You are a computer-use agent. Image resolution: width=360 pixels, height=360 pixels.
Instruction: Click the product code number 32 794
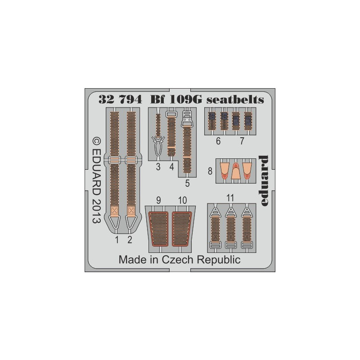(x=120, y=99)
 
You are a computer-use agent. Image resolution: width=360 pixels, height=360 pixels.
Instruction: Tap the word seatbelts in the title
(x=235, y=99)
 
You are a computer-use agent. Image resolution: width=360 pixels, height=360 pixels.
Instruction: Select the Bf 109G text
(x=176, y=99)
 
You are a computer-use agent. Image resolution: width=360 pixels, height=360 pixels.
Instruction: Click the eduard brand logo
(x=263, y=181)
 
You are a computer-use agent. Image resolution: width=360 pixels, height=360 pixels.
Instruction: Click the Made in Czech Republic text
(x=180, y=260)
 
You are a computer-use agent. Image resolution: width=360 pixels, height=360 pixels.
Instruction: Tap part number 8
(x=210, y=171)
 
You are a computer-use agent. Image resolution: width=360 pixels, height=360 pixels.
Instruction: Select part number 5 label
(x=187, y=184)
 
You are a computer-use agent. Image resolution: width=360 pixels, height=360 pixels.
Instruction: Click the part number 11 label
(x=230, y=198)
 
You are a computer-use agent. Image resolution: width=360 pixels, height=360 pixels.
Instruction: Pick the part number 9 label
(x=158, y=200)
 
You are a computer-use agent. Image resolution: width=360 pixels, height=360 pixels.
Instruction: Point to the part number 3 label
(x=158, y=167)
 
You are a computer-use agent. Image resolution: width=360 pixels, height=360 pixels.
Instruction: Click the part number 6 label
(x=218, y=141)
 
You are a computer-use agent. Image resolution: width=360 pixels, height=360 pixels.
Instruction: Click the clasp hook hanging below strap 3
(x=158, y=144)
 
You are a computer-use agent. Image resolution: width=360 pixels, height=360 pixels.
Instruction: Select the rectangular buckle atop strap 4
(x=171, y=114)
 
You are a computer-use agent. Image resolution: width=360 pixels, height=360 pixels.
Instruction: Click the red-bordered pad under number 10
(x=182, y=229)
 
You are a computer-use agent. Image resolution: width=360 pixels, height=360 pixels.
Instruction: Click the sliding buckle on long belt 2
(x=131, y=160)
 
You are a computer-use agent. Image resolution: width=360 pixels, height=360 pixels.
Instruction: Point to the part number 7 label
(x=242, y=141)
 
